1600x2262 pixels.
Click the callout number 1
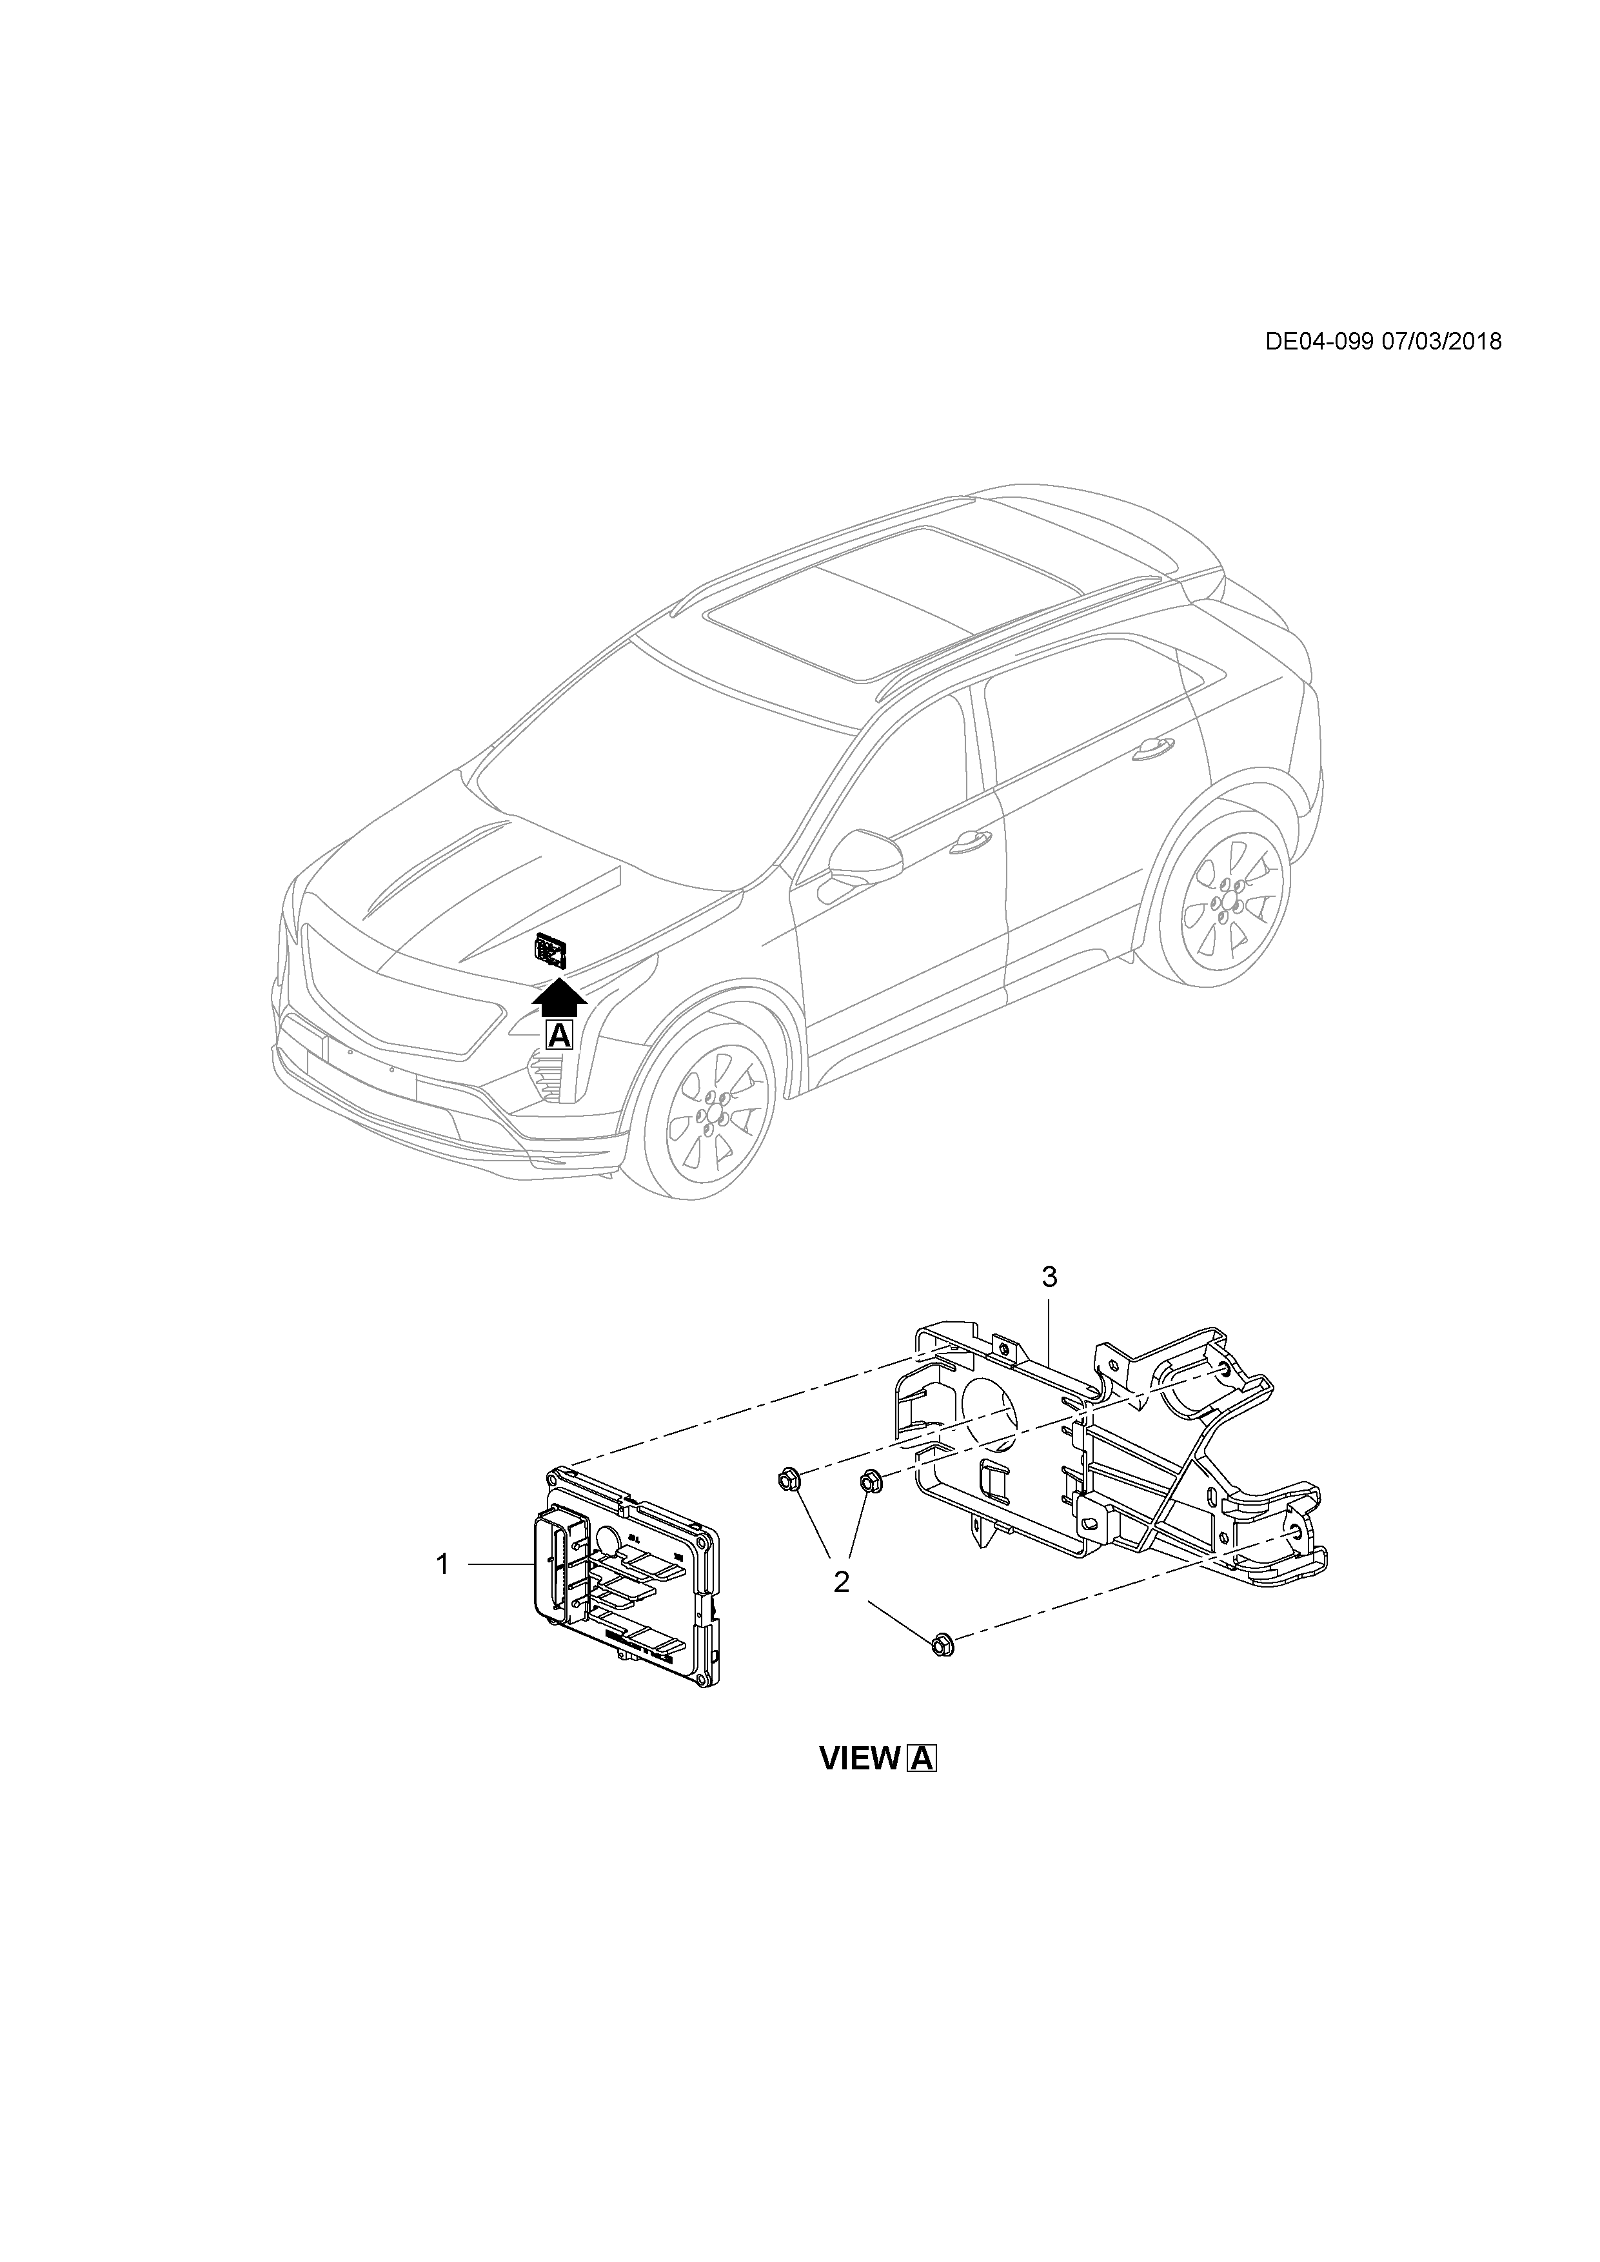(443, 1564)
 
